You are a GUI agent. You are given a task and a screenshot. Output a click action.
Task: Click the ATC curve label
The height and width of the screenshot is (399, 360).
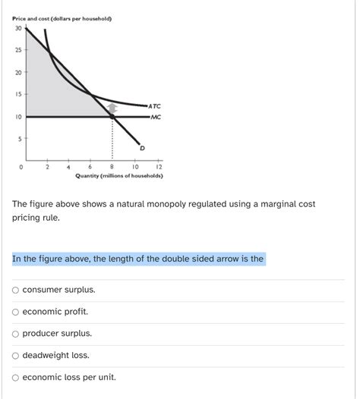coord(155,106)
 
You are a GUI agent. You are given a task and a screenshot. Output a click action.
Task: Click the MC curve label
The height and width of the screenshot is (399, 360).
coord(155,118)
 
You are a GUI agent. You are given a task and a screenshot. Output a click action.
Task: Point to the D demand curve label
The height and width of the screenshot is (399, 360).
coord(141,149)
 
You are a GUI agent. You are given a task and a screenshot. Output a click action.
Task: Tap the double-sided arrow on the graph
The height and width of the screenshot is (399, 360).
coord(112,111)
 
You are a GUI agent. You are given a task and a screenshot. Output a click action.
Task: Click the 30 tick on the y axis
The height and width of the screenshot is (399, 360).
coord(17,29)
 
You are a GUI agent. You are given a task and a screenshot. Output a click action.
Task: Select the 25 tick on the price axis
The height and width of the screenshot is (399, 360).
coord(17,51)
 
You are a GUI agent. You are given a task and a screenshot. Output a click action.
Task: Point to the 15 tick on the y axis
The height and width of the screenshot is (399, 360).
coord(17,95)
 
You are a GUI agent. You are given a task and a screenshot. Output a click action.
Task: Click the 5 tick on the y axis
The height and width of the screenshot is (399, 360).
coord(19,139)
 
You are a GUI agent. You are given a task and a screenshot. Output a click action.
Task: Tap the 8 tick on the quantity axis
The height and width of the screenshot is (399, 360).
coord(112,167)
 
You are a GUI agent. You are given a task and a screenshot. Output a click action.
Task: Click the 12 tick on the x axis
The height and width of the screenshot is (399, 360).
coord(158,167)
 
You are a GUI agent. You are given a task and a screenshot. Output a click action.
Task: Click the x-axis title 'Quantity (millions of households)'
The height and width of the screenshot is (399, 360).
coord(119,176)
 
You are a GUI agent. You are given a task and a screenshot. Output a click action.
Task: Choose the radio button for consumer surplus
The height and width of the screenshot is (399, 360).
coord(16,290)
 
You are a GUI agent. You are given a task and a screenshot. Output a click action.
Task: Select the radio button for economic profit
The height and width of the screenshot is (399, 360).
coord(16,312)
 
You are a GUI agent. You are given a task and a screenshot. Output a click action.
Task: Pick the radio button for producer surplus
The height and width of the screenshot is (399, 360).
coord(16,334)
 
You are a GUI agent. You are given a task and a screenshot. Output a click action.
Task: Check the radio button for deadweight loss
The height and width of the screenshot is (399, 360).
coord(16,355)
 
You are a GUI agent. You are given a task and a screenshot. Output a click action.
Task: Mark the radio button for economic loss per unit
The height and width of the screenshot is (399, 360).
coord(16,377)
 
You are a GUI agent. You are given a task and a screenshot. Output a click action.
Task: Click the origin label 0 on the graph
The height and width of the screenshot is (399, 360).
coord(23,167)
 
